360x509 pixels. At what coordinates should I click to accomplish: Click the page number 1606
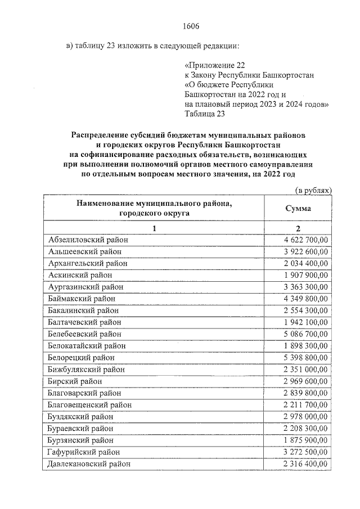click(x=191, y=26)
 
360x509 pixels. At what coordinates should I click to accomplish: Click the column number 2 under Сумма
click(x=299, y=228)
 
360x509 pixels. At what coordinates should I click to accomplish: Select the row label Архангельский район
click(x=88, y=263)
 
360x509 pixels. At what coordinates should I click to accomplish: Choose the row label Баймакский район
click(x=82, y=299)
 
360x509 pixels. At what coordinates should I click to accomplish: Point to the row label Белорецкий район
click(x=82, y=358)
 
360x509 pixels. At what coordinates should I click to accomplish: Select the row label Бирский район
click(x=75, y=381)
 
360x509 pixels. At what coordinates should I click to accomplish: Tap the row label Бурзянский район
click(x=82, y=440)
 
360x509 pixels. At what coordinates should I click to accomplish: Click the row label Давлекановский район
click(x=89, y=464)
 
